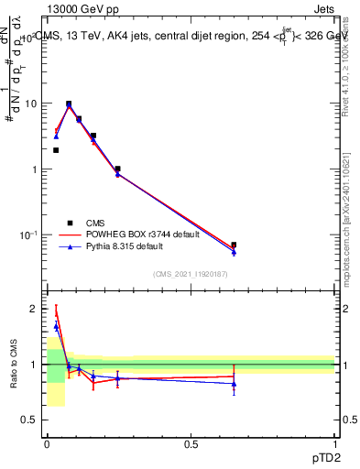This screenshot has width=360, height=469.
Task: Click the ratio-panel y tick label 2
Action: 36,309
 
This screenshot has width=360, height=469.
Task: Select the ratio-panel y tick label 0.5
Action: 31,420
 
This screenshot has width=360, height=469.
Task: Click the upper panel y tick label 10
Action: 30,104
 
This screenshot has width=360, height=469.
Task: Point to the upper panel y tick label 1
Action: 35,169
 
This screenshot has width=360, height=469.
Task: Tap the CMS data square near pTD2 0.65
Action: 234,245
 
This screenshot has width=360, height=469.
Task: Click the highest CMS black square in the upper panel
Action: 69,104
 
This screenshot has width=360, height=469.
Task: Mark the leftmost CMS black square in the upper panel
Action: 56,150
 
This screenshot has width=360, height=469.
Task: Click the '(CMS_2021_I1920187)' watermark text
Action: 190,275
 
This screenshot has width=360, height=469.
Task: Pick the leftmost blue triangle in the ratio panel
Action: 56,326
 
